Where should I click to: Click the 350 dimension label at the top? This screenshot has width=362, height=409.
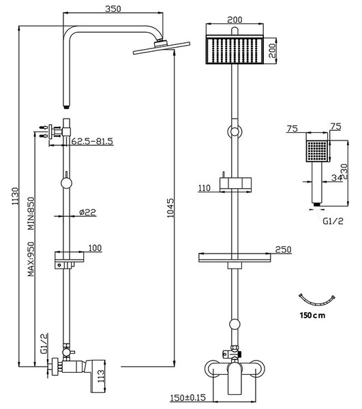point(113,9)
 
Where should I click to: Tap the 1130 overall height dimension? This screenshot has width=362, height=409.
point(15,196)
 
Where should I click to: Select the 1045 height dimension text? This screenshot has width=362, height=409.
point(170,208)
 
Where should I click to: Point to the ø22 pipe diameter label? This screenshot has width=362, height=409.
point(88,212)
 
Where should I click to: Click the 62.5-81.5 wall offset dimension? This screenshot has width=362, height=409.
point(92,141)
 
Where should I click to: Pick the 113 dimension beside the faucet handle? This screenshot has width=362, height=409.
point(101,376)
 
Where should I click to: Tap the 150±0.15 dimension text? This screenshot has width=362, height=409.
point(187,397)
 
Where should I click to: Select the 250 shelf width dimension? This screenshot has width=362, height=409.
point(283,249)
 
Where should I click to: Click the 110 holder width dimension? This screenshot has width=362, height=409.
point(205,188)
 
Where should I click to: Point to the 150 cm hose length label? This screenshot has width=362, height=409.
point(312,316)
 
